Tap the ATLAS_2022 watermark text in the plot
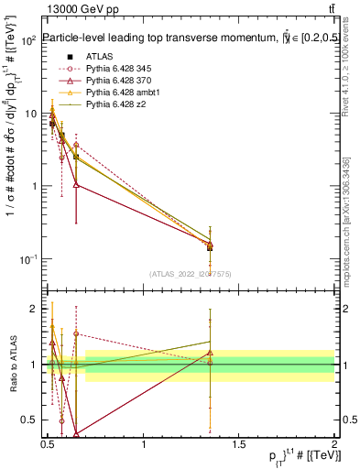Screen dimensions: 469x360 pos(191,273)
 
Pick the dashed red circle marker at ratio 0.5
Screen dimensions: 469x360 pos(61,421)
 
